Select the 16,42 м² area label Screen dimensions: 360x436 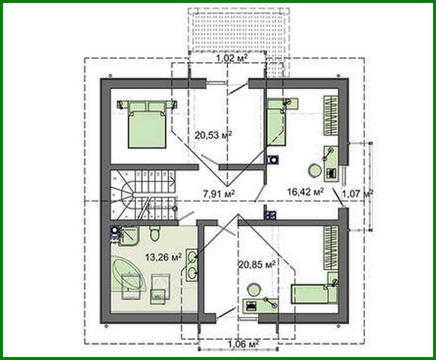pyautogui.click(x=305, y=191)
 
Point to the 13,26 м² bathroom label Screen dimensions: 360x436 pyautogui.click(x=163, y=257)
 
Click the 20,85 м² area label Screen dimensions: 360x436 pyautogui.click(x=256, y=264)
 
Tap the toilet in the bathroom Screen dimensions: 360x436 pyautogui.click(x=154, y=233)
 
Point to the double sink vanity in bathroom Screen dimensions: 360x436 pyautogui.click(x=192, y=265)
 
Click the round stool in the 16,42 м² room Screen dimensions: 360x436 pyautogui.click(x=315, y=170)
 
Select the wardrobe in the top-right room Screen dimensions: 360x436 pyautogui.click(x=331, y=115)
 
